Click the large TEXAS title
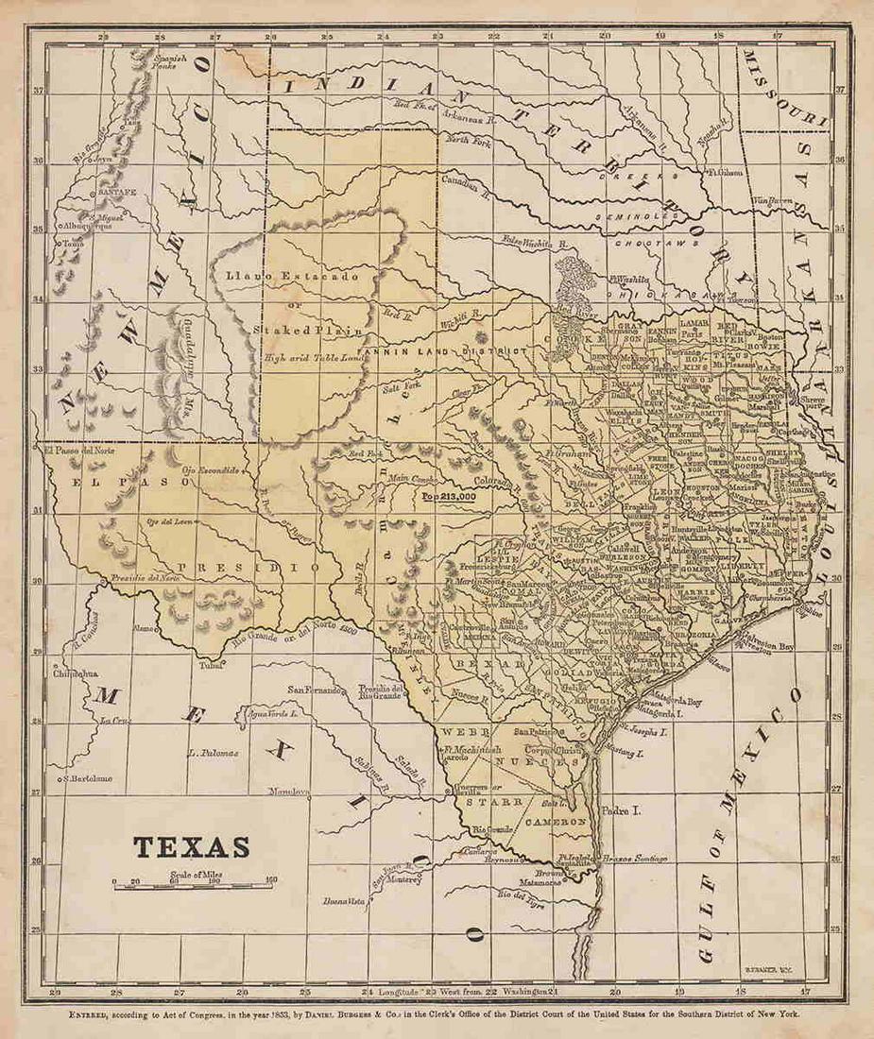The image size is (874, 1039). pyautogui.click(x=191, y=846)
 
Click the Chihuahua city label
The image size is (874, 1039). pyautogui.click(x=75, y=675)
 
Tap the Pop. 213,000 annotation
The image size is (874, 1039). pyautogui.click(x=451, y=494)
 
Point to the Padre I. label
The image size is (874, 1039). pyautogui.click(x=621, y=809)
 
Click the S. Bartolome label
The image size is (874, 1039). pyautogui.click(x=88, y=778)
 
